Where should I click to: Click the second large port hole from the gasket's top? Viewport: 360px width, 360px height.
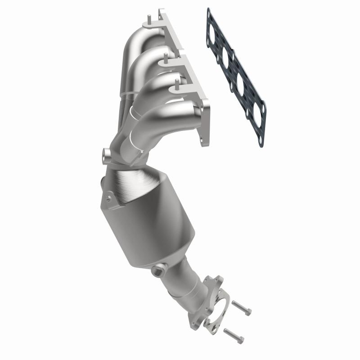(226, 58)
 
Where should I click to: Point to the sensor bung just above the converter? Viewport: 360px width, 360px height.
(107, 156)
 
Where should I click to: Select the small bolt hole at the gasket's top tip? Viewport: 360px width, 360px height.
(209, 12)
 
